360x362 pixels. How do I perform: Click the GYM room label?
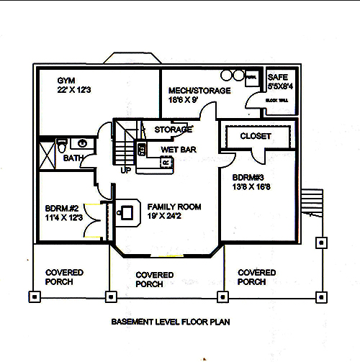tap(66, 81)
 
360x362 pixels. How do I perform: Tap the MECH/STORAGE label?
tap(199, 91)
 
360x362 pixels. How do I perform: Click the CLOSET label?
tap(255, 135)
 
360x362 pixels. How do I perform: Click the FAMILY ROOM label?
tap(174, 207)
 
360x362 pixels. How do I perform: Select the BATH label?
tap(73, 158)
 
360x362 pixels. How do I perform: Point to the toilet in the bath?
tap(62, 142)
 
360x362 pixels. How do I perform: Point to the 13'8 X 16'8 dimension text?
tap(252, 187)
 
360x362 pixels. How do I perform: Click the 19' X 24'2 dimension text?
tap(173, 216)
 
